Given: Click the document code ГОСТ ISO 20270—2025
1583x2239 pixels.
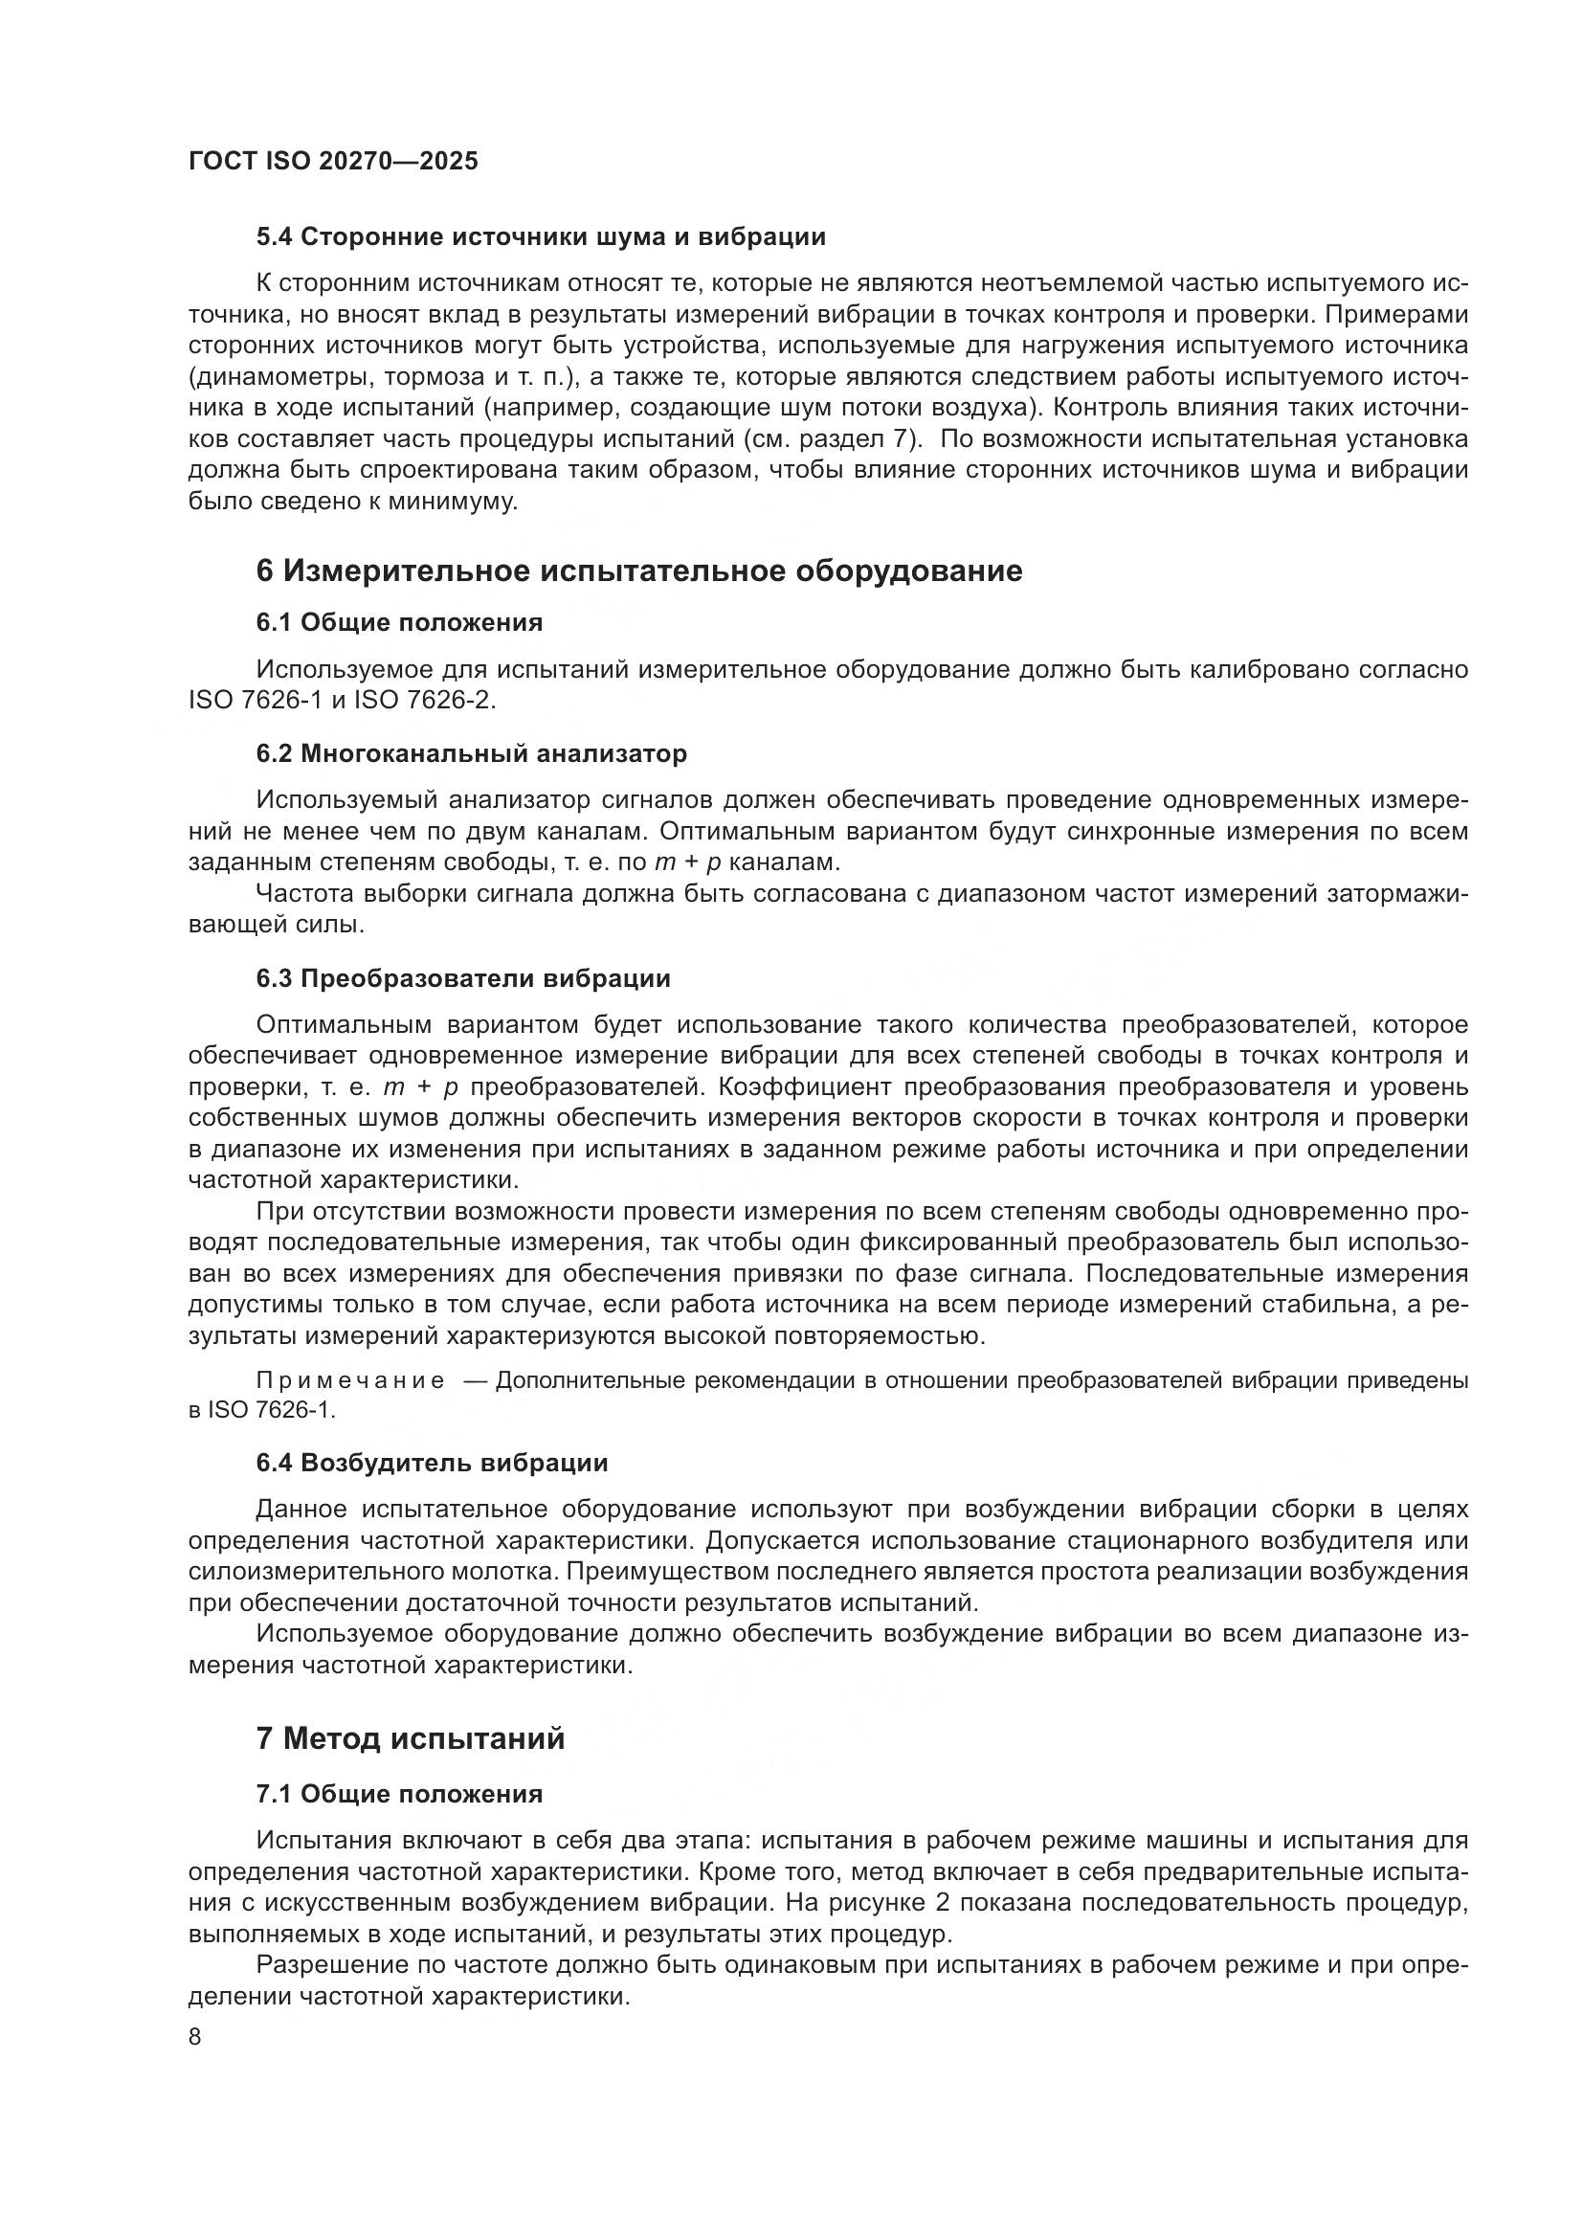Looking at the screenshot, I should [x=333, y=162].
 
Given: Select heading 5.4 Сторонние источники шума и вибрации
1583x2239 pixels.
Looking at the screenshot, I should [x=541, y=237].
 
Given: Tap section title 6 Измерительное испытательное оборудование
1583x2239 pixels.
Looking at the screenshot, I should [x=639, y=571].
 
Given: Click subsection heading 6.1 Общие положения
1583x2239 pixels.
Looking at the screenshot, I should [x=400, y=622].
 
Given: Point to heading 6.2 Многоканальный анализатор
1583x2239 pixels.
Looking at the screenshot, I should [x=472, y=752].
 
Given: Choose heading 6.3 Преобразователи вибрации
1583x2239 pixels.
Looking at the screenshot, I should [x=463, y=978].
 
